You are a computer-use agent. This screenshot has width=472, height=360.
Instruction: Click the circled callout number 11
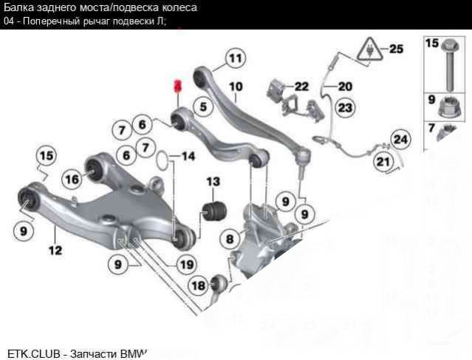click(x=234, y=58)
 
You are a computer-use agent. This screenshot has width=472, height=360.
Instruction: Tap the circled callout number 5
click(x=200, y=106)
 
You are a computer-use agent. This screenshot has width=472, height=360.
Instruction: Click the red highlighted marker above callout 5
click(x=177, y=86)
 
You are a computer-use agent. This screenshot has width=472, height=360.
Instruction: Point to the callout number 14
click(x=188, y=156)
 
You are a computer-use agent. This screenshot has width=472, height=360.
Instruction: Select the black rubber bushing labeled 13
click(x=215, y=208)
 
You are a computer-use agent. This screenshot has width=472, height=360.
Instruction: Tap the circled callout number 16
click(x=72, y=178)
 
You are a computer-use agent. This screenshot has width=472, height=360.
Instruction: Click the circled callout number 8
click(x=230, y=239)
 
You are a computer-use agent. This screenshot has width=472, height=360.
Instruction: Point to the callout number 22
click(x=301, y=86)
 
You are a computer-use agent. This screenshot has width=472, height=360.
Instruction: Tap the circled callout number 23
click(x=345, y=107)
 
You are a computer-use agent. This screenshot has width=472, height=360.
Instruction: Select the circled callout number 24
click(x=400, y=138)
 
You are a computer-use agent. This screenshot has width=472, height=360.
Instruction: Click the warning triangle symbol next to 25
click(x=366, y=50)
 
